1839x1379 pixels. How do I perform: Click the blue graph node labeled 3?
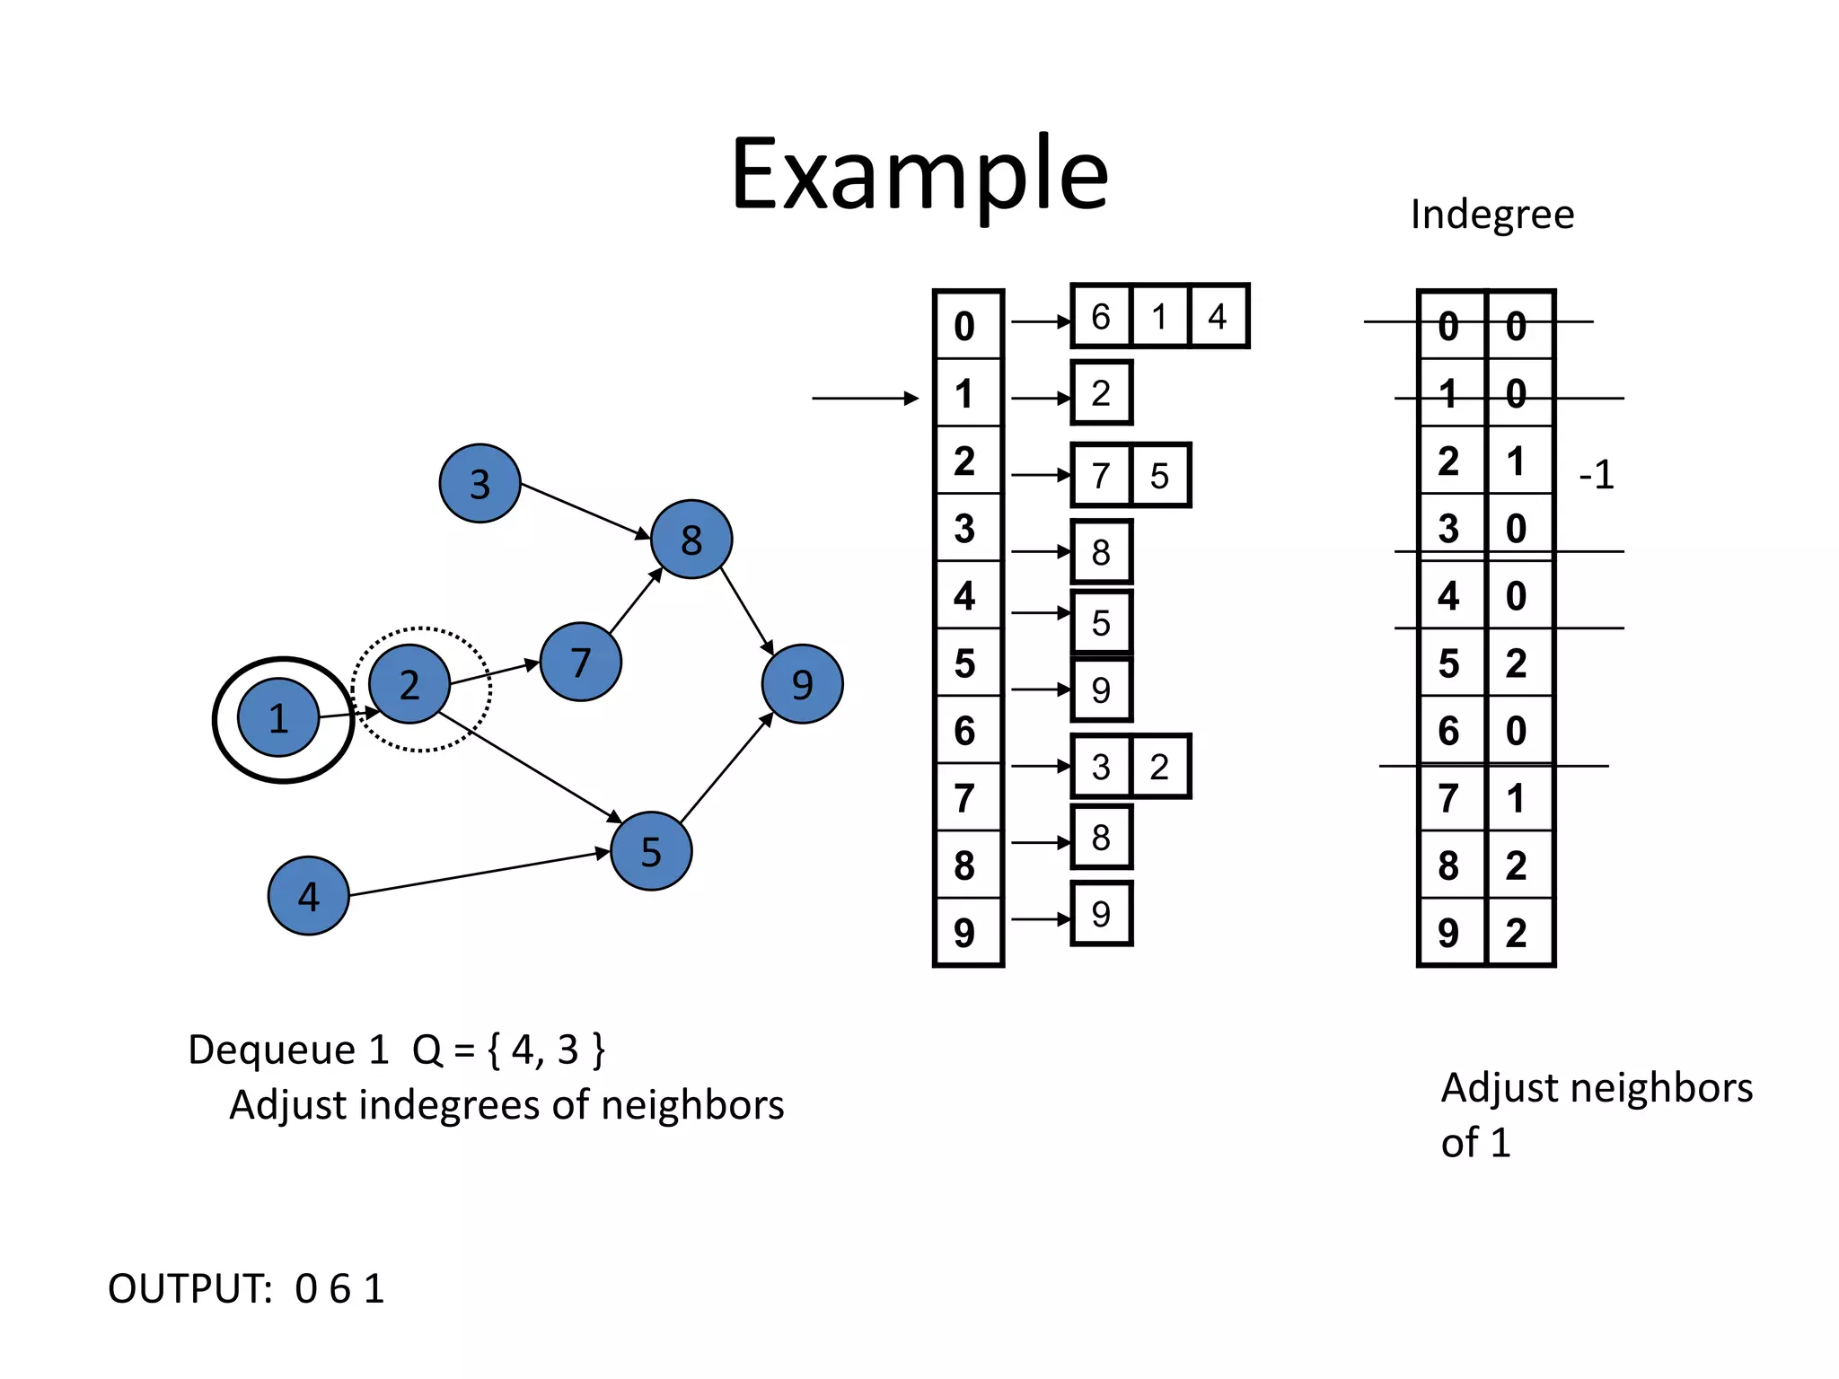[x=480, y=483]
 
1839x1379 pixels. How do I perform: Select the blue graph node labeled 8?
[x=691, y=539]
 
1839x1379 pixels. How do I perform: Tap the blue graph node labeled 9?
[x=802, y=684]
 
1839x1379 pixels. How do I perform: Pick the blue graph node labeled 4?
[x=308, y=895]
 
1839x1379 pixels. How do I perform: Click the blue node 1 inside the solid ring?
[x=278, y=717]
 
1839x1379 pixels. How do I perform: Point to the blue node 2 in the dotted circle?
[x=409, y=684]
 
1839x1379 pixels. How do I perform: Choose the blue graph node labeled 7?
[x=580, y=662]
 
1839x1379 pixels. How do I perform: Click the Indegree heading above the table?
[x=1491, y=215]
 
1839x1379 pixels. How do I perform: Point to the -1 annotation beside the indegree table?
[x=1596, y=474]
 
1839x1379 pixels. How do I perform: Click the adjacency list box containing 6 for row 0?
[x=1101, y=316]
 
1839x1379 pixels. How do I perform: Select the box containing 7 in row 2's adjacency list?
[x=1101, y=475]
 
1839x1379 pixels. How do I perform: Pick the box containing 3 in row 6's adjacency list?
[x=1101, y=767]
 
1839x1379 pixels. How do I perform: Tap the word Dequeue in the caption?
[x=271, y=1050]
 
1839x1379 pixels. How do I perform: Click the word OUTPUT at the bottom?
[x=189, y=1288]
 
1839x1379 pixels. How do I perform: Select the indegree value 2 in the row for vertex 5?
[x=1517, y=663]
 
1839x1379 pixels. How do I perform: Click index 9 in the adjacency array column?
[x=964, y=933]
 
